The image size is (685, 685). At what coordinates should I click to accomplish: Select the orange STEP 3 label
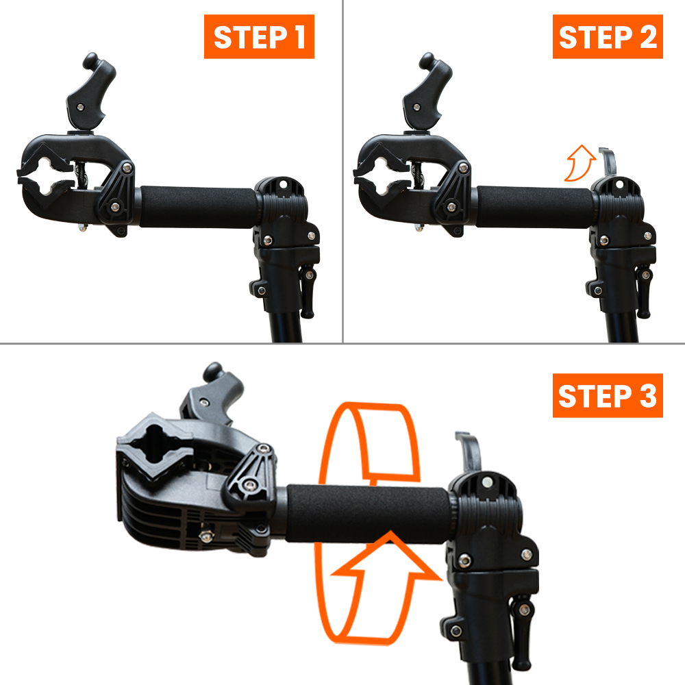[x=608, y=395]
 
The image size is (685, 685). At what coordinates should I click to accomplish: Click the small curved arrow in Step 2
[x=575, y=161]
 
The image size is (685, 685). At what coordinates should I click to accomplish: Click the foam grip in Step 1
[x=199, y=206]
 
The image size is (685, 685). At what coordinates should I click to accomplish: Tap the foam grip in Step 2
[x=534, y=206]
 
